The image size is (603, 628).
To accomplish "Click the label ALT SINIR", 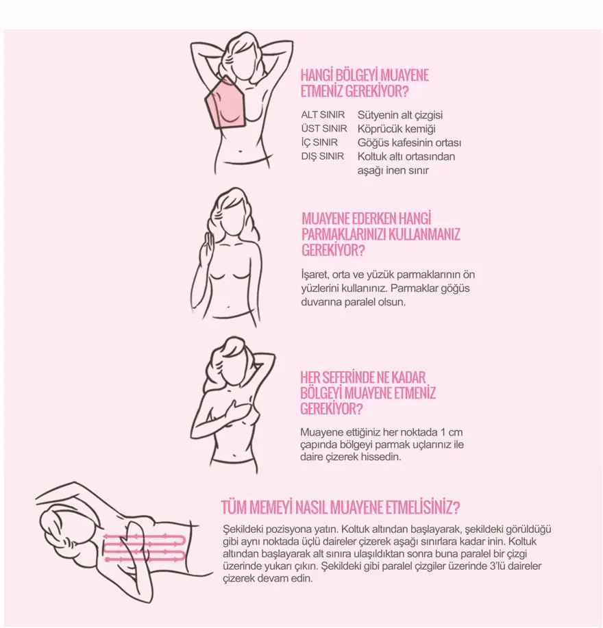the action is click(x=323, y=115).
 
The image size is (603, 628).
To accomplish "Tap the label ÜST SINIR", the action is click(x=324, y=129).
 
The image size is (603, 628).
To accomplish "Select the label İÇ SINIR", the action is click(x=320, y=142).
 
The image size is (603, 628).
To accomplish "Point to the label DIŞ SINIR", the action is click(x=323, y=156).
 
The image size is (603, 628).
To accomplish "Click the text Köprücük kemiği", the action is click(x=396, y=129).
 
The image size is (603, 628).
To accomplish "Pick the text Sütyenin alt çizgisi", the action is click(x=400, y=115).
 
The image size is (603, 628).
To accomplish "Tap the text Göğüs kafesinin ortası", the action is click(x=409, y=142).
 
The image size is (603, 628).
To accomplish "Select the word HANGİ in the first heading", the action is click(x=317, y=75).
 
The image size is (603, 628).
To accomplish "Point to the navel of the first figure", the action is click(x=240, y=151).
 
